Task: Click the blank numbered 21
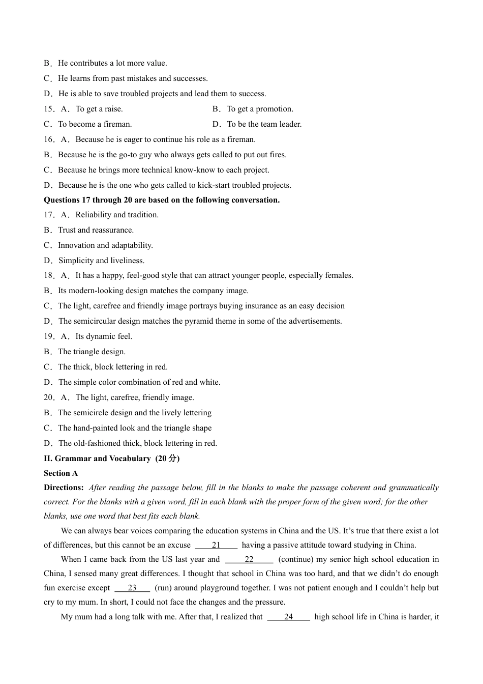[216, 545]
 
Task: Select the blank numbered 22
[249, 559]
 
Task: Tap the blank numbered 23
[132, 588]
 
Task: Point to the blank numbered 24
[288, 617]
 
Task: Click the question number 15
[49, 109]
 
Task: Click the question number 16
[49, 139]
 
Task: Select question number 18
[49, 275]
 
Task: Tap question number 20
[49, 397]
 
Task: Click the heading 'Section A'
[61, 473]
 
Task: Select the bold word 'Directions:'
[64, 488]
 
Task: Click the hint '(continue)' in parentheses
[295, 559]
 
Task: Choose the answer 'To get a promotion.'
[260, 109]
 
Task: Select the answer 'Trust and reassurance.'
[96, 230]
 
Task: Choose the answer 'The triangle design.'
[92, 352]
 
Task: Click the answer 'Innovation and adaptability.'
[105, 245]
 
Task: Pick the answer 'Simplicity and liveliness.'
[101, 261]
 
